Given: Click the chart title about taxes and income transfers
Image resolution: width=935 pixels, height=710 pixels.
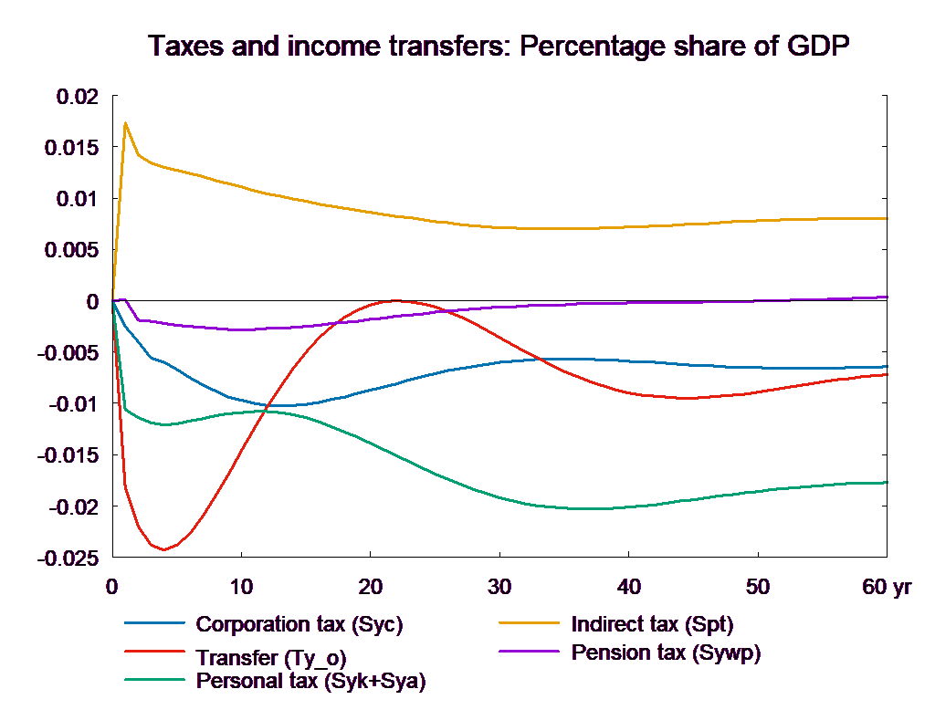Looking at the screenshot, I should [x=499, y=46].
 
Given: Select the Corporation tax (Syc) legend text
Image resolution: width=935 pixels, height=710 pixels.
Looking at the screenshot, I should [x=299, y=625].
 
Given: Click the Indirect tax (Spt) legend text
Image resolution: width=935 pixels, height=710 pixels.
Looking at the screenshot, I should [x=652, y=625].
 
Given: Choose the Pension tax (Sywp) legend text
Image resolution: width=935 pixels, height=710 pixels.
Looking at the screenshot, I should [x=667, y=653].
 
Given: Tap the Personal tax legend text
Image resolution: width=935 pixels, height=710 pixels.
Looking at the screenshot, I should [x=310, y=681].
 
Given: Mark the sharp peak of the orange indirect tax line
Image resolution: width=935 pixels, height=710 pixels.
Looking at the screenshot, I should [x=125, y=122].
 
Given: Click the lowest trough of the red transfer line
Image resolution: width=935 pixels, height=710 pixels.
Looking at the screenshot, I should [x=163, y=549].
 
